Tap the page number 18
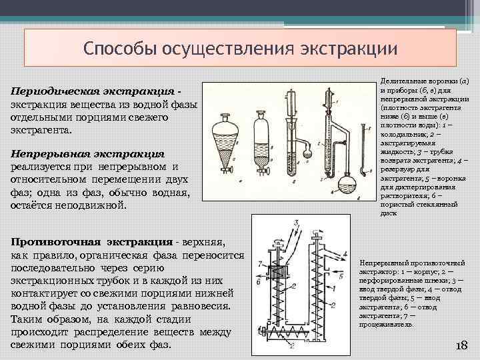tap(460, 345)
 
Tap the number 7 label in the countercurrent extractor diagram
tap(259, 263)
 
